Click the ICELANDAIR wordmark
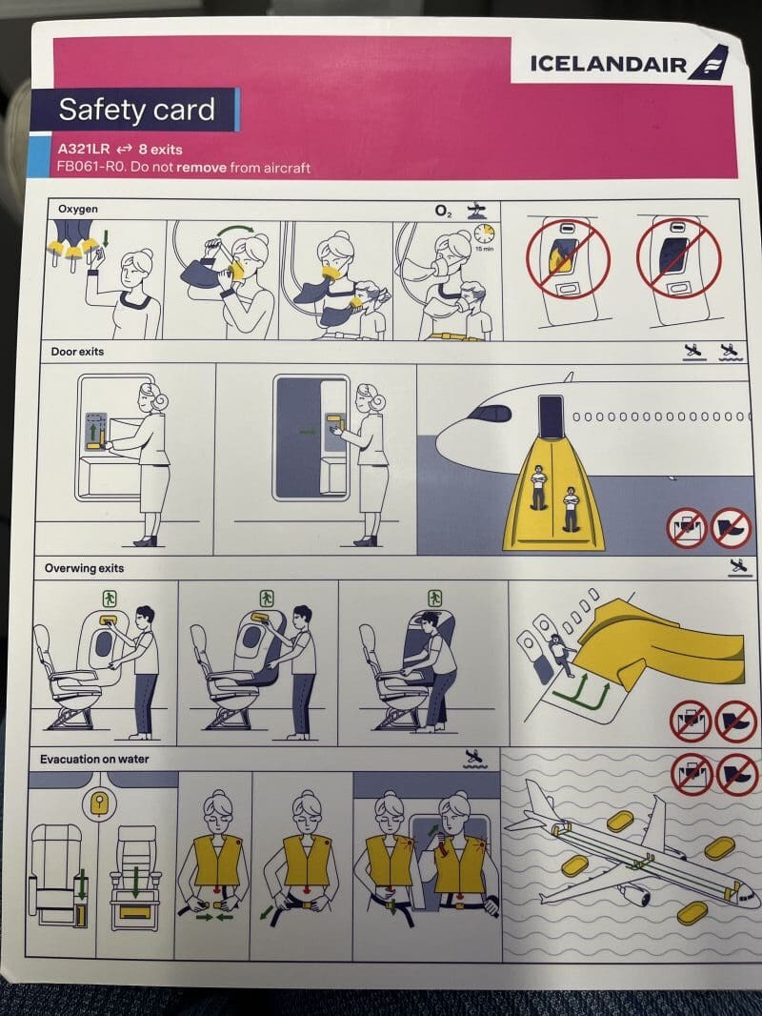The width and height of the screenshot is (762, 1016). pos(608,64)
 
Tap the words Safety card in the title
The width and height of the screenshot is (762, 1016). pos(136,110)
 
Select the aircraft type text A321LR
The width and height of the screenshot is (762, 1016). pos(84,149)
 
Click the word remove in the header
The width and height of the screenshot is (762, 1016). pos(201,168)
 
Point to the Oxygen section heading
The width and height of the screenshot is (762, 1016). pos(78,209)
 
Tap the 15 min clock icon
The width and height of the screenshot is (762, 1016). pos(484,234)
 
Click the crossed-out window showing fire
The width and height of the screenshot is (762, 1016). pos(568,257)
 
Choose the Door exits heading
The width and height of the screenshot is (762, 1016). pos(77,351)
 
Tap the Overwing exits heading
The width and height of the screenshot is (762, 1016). pos(84,568)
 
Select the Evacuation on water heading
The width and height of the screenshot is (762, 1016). pos(94,759)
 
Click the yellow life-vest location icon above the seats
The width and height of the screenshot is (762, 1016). pos(98,804)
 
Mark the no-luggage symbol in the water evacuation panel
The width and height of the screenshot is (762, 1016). pos(692,774)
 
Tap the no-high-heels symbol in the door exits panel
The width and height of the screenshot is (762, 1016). pos(731,527)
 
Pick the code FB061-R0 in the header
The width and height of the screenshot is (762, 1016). pos(90,167)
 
